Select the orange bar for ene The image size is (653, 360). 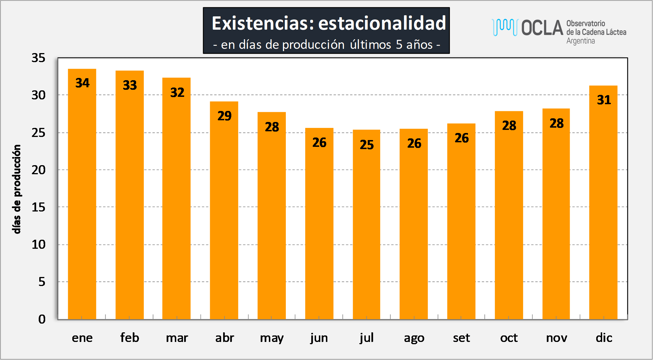(82, 194)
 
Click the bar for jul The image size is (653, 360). (366, 224)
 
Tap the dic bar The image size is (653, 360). (603, 202)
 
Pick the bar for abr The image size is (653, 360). (224, 210)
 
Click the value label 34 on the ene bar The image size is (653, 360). (82, 83)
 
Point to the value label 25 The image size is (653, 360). (367, 145)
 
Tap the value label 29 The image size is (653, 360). (225, 116)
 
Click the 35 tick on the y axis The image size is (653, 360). (38, 58)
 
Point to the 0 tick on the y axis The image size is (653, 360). (42, 319)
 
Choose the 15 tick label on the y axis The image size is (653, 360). (38, 207)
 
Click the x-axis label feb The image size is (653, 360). (130, 337)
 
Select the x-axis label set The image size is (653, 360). (462, 338)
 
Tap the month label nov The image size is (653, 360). (556, 338)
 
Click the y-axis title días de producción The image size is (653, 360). (17, 189)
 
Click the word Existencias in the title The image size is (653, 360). (263, 23)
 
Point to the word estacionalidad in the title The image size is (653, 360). (382, 23)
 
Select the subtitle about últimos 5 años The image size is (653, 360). (327, 45)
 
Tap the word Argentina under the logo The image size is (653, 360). (581, 41)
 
